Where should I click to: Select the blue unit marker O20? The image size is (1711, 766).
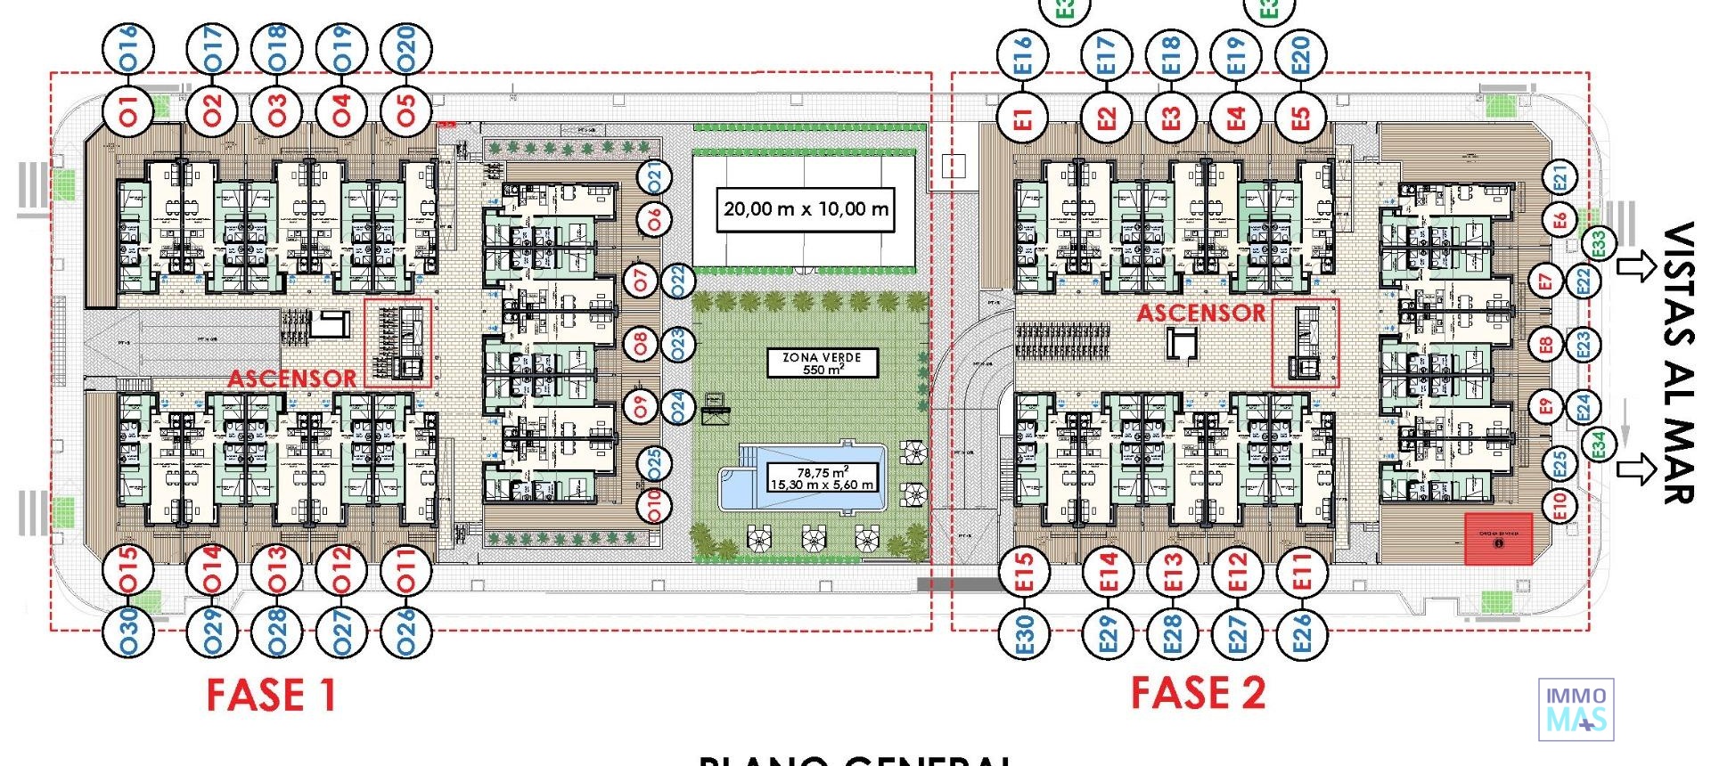pos(406,49)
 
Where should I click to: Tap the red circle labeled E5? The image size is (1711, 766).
pos(1301,117)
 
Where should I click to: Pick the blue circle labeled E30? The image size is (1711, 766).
pos(1024,633)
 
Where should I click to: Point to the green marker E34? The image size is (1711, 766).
pos(1600,444)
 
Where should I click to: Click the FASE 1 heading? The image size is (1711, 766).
pos(271,696)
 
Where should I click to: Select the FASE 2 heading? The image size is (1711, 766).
pos(1198,693)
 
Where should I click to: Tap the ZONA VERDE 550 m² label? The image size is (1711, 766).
pos(822,363)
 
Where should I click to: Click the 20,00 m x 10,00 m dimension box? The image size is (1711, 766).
pos(806,209)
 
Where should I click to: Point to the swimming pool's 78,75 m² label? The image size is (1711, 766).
pos(822,477)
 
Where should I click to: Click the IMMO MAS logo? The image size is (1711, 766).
pos(1576,710)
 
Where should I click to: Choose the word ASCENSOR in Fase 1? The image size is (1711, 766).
pos(292,379)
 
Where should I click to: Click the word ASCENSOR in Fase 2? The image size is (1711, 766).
pos(1200,313)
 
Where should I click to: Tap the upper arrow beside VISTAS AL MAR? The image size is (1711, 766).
pos(1635,266)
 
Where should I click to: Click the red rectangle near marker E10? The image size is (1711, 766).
pos(1499,538)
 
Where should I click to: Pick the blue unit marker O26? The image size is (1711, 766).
pos(406,632)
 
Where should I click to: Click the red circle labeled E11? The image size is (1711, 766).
pos(1301,570)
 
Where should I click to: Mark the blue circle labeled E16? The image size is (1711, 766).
pos(1024,54)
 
